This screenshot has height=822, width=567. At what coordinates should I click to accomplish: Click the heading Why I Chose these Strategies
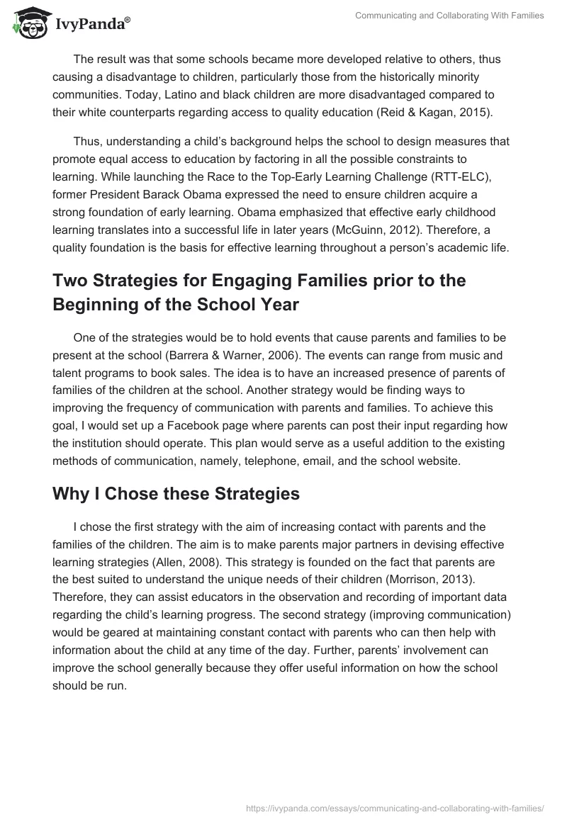click(x=176, y=494)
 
